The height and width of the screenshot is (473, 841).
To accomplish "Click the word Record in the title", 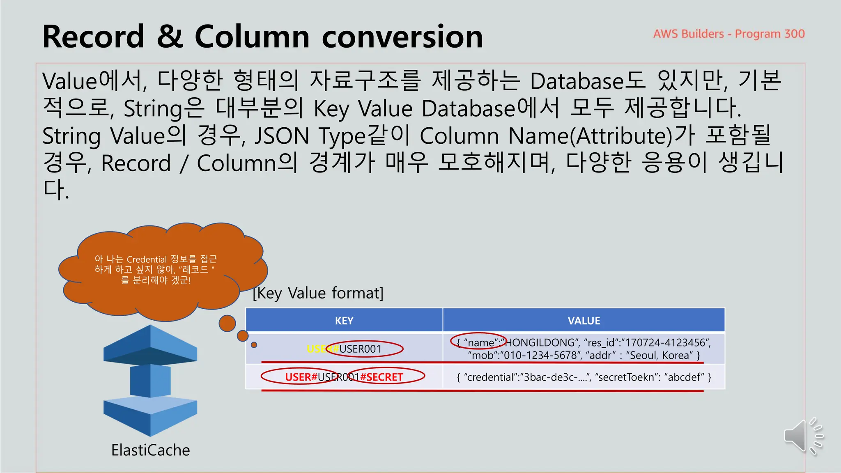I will pyautogui.click(x=93, y=37).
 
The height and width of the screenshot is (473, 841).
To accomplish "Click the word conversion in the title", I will pyautogui.click(x=402, y=37).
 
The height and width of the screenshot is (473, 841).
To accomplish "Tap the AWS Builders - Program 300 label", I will pyautogui.click(x=729, y=34).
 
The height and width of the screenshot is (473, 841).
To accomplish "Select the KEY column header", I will pyautogui.click(x=344, y=321).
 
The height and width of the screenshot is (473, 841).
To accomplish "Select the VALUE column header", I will pyautogui.click(x=584, y=321).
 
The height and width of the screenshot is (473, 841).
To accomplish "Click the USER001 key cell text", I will pyautogui.click(x=361, y=349).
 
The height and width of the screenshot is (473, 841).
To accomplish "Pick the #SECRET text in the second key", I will pyautogui.click(x=382, y=377).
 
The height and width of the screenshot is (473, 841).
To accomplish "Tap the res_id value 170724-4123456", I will pyautogui.click(x=665, y=343).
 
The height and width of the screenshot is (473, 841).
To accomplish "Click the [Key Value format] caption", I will pyautogui.click(x=318, y=293).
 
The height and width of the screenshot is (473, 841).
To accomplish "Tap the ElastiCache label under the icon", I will pyautogui.click(x=150, y=450).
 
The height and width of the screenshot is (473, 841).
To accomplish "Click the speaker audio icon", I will pyautogui.click(x=802, y=436).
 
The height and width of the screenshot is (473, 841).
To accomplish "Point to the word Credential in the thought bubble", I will pyautogui.click(x=147, y=259).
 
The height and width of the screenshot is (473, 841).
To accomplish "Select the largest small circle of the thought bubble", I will pyautogui.click(x=227, y=323).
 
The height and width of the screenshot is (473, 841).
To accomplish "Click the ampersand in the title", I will pyautogui.click(x=169, y=37).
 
